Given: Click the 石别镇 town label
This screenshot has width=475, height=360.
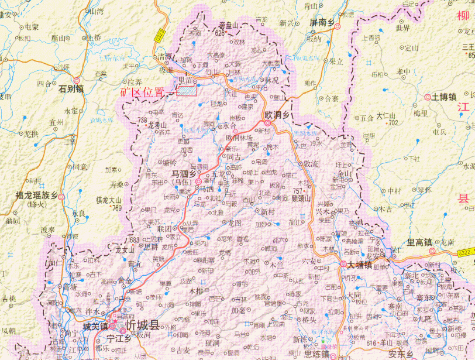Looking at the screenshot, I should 71,89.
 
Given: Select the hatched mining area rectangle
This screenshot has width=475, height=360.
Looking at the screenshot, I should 187,89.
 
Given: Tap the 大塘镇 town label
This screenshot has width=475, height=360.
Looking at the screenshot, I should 360,265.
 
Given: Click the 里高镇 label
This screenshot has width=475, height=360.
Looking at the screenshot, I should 419,242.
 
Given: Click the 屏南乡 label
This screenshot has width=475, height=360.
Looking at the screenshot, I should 321,22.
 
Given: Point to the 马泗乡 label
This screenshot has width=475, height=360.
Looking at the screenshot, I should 184,173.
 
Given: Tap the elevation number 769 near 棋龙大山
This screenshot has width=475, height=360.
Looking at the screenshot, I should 117,208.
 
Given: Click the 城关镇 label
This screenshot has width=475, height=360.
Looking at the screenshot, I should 95,326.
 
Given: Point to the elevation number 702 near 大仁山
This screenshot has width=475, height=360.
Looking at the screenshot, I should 393,122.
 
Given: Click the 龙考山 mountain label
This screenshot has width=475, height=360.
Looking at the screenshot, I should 157,125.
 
